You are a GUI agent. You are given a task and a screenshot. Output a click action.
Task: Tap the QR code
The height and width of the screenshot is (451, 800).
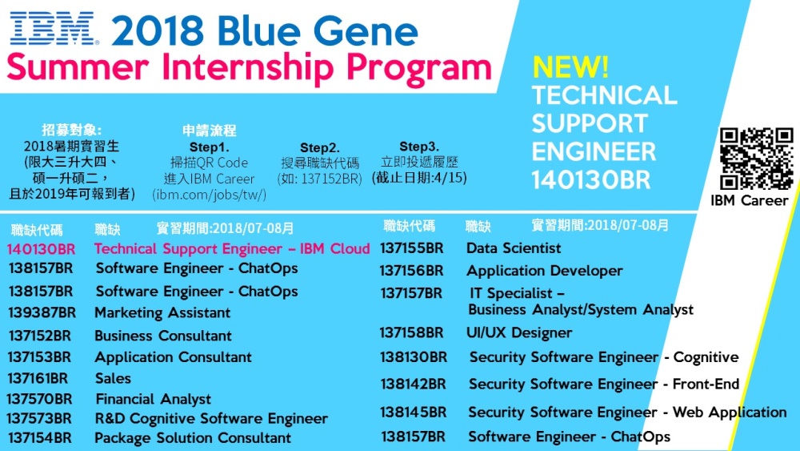point(756,159)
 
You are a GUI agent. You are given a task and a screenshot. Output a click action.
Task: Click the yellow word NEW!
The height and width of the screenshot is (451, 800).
point(570,66)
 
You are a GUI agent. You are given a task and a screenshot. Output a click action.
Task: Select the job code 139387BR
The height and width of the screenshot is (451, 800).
point(42,312)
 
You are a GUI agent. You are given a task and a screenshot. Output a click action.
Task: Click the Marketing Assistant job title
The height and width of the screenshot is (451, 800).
point(162,312)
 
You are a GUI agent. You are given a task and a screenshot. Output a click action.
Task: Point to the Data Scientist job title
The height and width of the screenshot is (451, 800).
point(514,248)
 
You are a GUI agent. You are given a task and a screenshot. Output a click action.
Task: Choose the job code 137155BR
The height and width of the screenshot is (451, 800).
point(411,248)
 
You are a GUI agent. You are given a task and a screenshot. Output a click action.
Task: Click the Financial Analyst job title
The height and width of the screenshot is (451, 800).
point(153,399)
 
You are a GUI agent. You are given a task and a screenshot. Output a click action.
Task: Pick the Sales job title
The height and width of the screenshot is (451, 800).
point(113,378)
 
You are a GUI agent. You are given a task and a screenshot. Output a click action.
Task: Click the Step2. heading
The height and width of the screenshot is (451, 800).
point(319,147)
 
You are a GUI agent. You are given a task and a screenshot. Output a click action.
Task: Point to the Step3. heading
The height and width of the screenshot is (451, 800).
point(419,147)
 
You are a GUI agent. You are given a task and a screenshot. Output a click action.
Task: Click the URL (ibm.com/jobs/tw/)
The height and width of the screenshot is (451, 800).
point(209,195)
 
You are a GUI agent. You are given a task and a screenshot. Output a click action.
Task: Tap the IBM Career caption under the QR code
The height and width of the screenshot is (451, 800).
point(750,200)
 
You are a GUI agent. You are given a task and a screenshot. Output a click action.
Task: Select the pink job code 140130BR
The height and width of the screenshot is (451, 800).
point(41,249)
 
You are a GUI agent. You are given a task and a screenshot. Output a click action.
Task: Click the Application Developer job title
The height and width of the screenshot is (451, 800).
point(544,271)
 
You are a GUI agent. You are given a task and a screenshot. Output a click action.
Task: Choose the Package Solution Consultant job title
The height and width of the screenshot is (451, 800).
point(193,438)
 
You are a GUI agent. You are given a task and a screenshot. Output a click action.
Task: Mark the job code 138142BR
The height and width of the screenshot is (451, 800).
point(413,384)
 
